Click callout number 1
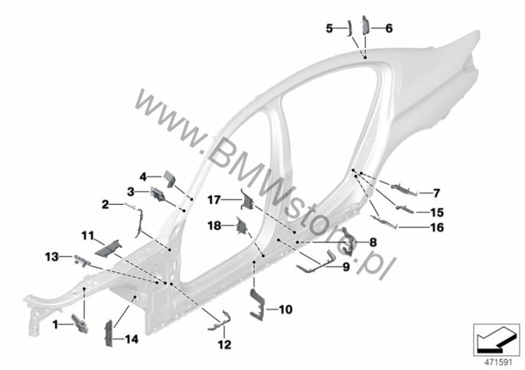pos(55,324)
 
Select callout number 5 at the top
pos(329,28)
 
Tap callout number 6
pos(388,28)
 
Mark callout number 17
pos(215,201)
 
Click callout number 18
pos(217,226)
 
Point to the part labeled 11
pos(107,246)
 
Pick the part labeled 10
pos(257,301)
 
